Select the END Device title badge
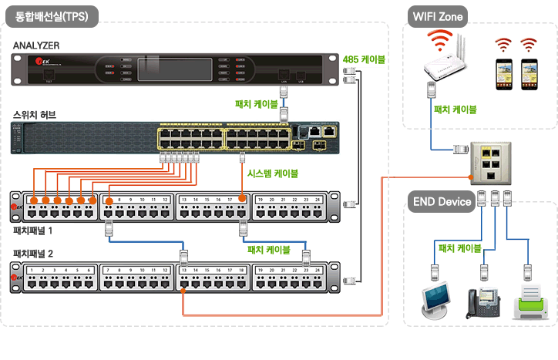point(442,202)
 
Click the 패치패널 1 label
point(33,230)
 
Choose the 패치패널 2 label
point(33,253)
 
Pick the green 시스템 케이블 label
point(273,173)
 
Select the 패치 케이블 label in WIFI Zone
point(455,109)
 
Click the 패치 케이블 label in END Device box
point(459,248)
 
